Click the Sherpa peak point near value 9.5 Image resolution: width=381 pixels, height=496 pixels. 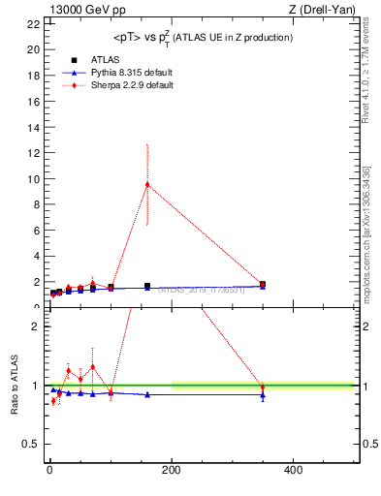[147, 184]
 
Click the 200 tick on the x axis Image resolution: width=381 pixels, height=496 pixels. [171, 471]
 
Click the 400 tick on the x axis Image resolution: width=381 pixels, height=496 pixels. [292, 471]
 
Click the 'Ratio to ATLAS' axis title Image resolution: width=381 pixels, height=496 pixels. [15, 386]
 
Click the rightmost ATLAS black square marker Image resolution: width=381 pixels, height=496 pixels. [263, 285]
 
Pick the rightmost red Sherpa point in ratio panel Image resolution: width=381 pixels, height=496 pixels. [263, 387]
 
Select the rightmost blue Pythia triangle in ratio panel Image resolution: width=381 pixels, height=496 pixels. [263, 395]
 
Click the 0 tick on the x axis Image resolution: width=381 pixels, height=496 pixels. [49, 471]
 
